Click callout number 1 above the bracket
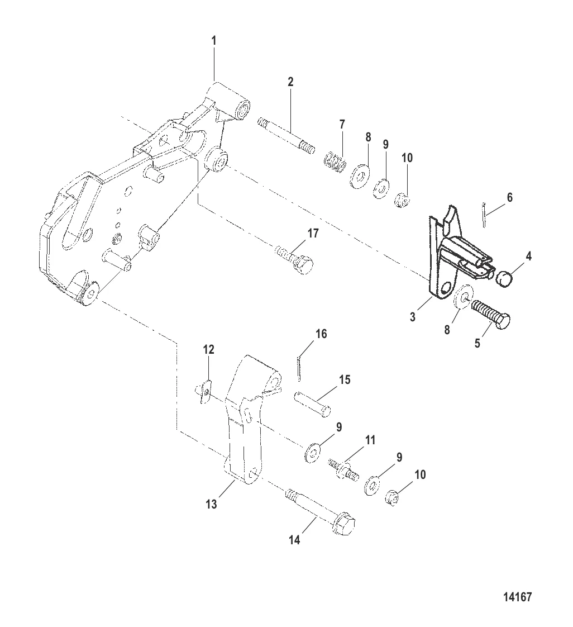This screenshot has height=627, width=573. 214,41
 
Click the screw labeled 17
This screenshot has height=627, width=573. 294,258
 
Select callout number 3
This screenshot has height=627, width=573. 412,317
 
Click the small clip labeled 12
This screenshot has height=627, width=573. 206,388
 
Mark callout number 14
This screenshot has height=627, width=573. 294,540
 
